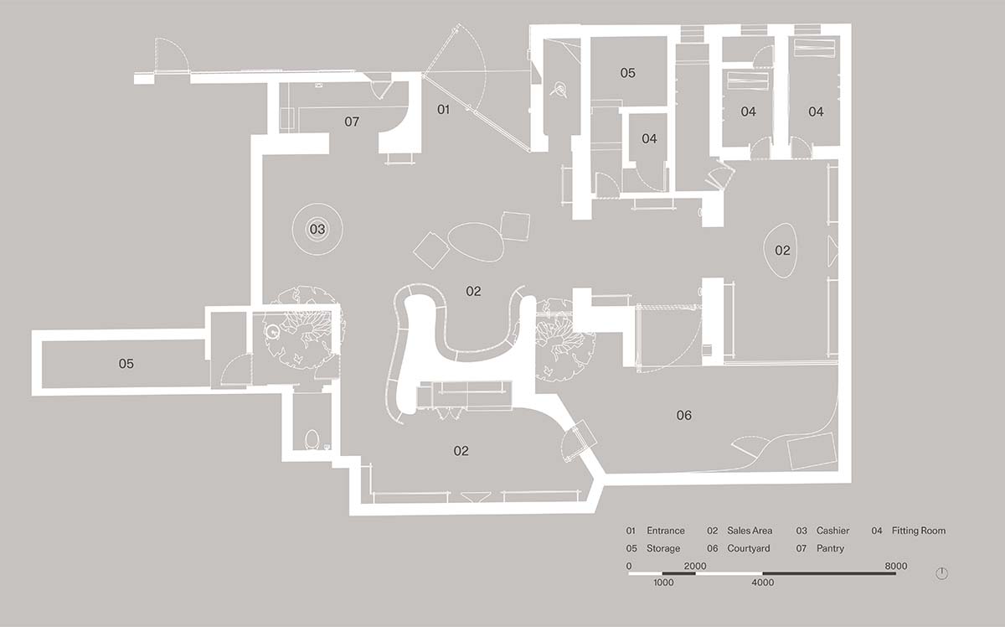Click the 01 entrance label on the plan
(x=443, y=109)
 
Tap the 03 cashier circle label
(x=317, y=230)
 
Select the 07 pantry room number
(x=352, y=122)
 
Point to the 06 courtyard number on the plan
(x=683, y=416)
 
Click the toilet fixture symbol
(x=312, y=440)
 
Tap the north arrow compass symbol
(x=941, y=573)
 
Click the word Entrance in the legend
(x=665, y=531)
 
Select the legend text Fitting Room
(x=919, y=531)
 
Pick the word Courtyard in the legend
(x=749, y=548)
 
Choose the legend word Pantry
(x=830, y=548)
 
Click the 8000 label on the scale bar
(x=896, y=566)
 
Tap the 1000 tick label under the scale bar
(x=663, y=583)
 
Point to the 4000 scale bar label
(x=763, y=583)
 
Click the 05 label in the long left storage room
(x=126, y=363)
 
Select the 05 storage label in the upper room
(x=627, y=73)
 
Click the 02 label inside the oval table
(x=782, y=250)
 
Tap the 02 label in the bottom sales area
(x=461, y=450)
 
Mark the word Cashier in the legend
(x=832, y=531)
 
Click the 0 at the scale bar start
(x=629, y=566)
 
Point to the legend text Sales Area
(x=750, y=531)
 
